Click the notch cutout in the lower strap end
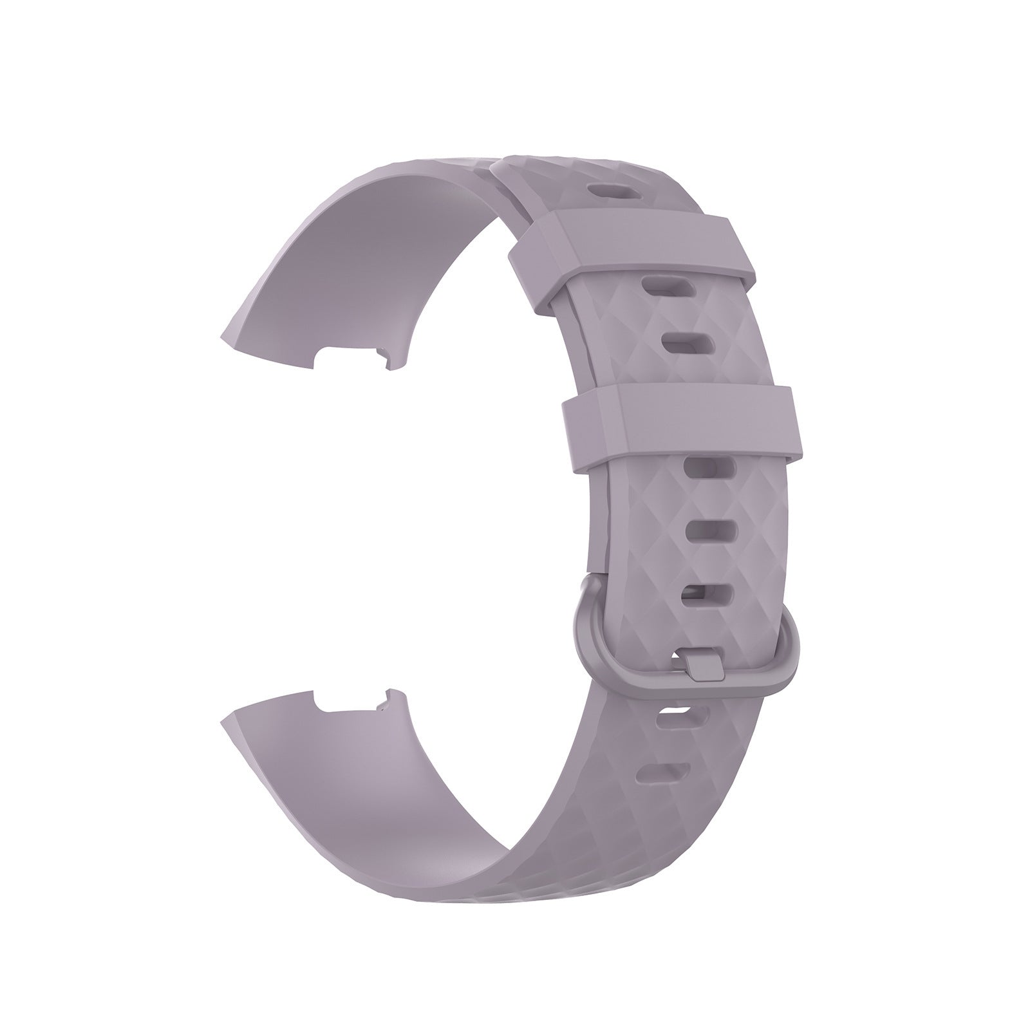point(351,700)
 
